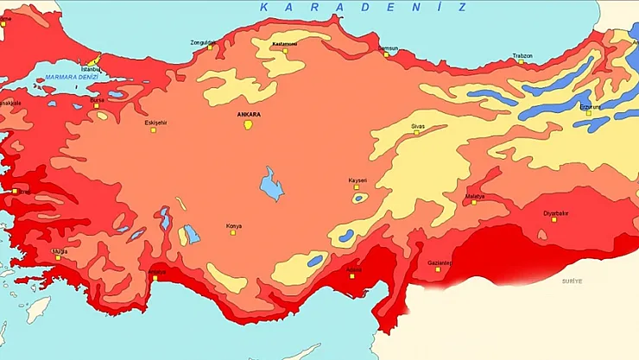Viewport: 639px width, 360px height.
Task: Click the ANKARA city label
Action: click(x=248, y=113)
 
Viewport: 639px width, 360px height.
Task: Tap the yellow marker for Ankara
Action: click(x=249, y=124)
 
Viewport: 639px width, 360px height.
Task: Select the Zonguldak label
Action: click(x=206, y=41)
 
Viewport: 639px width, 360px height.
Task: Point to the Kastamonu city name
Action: click(x=284, y=42)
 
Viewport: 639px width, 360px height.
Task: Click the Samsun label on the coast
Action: click(x=388, y=47)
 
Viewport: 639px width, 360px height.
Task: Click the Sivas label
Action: click(x=418, y=126)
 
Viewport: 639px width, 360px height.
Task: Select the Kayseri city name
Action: click(x=357, y=180)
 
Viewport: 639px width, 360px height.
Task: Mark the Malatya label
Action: click(x=474, y=195)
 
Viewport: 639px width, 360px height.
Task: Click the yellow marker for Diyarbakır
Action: click(x=554, y=219)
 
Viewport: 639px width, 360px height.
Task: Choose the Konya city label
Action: click(x=234, y=225)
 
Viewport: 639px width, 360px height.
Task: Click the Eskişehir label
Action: click(x=156, y=122)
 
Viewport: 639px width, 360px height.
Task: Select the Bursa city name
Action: click(x=97, y=99)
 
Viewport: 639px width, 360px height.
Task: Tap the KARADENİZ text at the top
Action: click(x=363, y=7)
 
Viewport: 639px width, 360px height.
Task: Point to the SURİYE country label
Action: click(x=573, y=281)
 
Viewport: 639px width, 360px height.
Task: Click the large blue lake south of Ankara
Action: click(x=272, y=183)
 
